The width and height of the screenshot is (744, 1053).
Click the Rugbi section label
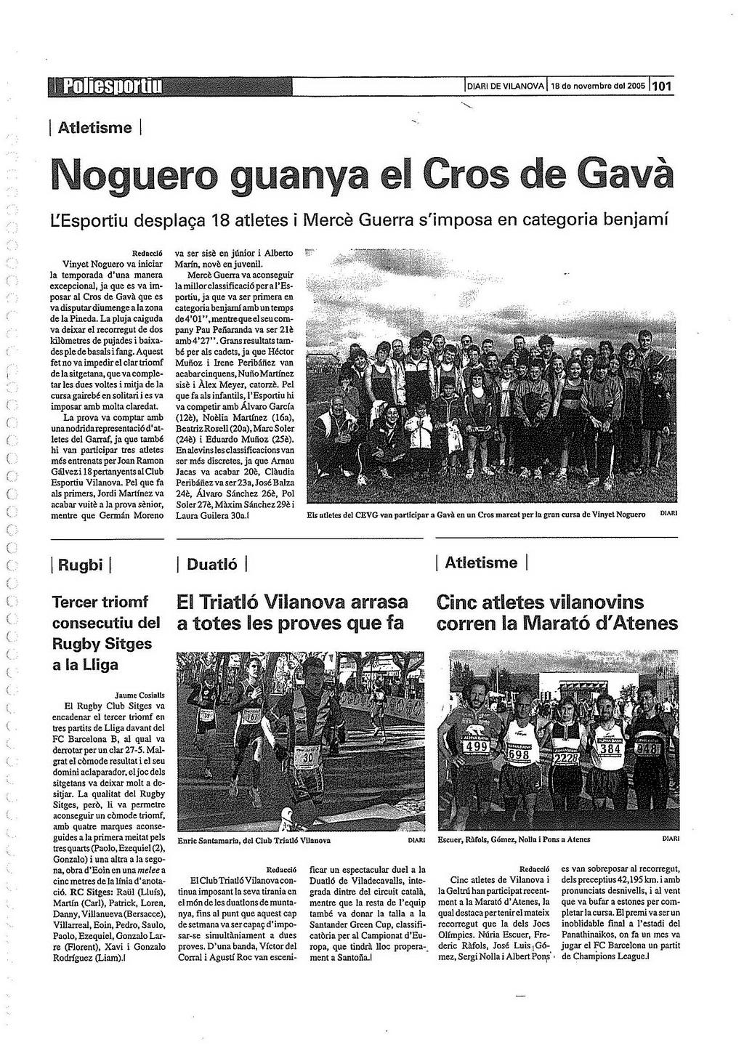click(x=80, y=565)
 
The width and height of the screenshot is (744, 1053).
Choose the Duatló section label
click(x=211, y=564)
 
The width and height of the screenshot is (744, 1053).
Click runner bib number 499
click(x=476, y=746)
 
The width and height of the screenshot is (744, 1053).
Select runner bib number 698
click(x=519, y=754)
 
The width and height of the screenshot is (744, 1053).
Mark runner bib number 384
click(x=610, y=748)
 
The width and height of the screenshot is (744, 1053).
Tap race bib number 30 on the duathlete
click(x=307, y=757)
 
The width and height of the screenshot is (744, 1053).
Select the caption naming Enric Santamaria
click(x=254, y=839)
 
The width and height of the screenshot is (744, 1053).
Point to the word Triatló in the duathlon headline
click(x=229, y=602)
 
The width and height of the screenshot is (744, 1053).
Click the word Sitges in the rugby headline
click(x=128, y=644)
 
